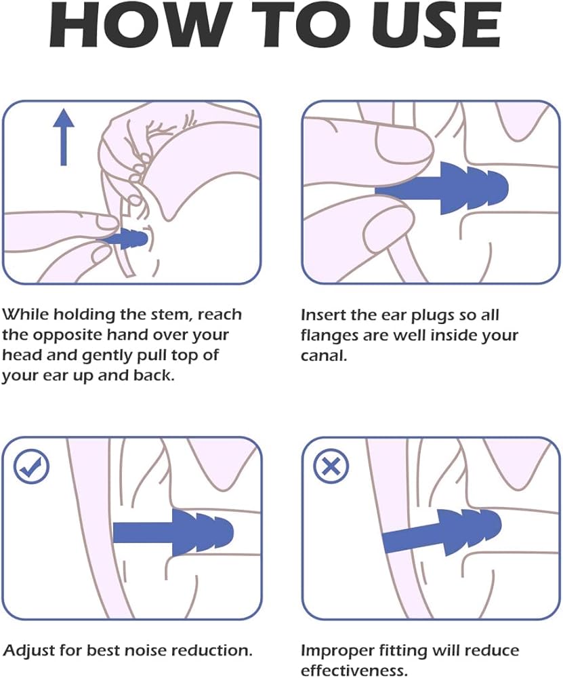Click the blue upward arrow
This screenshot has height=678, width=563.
coord(64,137)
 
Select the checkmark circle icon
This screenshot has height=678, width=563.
coord(31,466)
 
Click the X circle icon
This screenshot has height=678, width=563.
coord(331,466)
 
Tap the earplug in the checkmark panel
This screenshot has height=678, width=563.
coord(173,532)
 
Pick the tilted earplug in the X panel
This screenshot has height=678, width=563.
coord(442,531)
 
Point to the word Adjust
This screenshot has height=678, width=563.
coord(28,651)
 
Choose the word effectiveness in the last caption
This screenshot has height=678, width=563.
coord(354,671)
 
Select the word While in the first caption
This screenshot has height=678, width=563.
coord(26,315)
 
